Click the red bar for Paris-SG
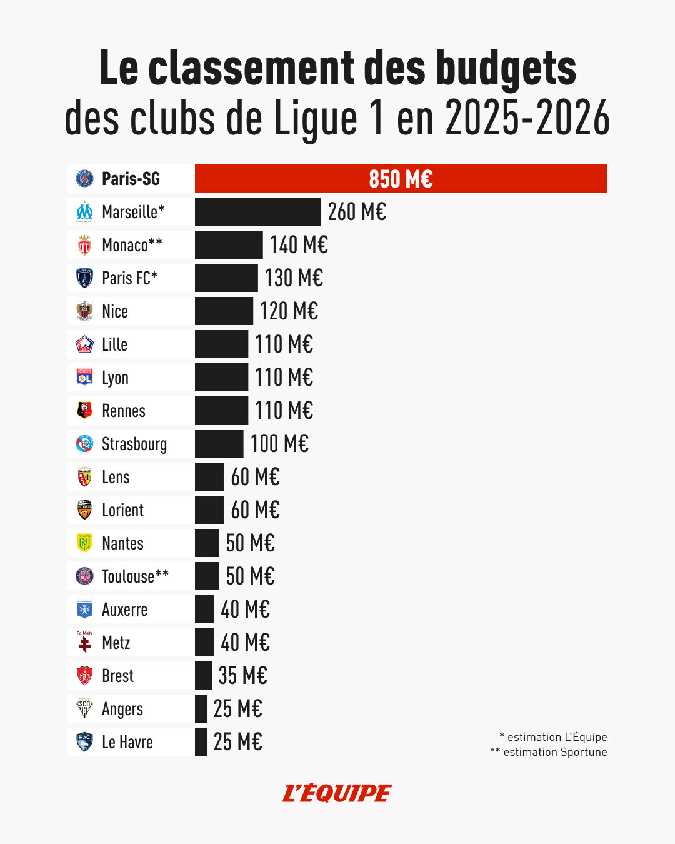tap(401, 179)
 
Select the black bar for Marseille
tap(257, 212)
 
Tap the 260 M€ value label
tap(357, 212)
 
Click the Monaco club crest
tap(84, 245)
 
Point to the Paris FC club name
tap(129, 278)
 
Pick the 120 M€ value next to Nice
tap(289, 311)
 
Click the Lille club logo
tap(84, 344)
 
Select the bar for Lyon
tap(221, 378)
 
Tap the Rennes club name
tap(124, 411)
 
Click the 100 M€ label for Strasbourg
tap(279, 444)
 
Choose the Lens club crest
tap(84, 477)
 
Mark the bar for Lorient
tap(209, 510)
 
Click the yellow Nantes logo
tap(84, 543)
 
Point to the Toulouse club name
tap(135, 576)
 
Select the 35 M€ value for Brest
tap(242, 676)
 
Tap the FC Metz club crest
tap(84, 642)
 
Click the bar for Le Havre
tap(201, 742)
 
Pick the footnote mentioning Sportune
tap(549, 752)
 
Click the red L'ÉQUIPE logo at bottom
tap(337, 793)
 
